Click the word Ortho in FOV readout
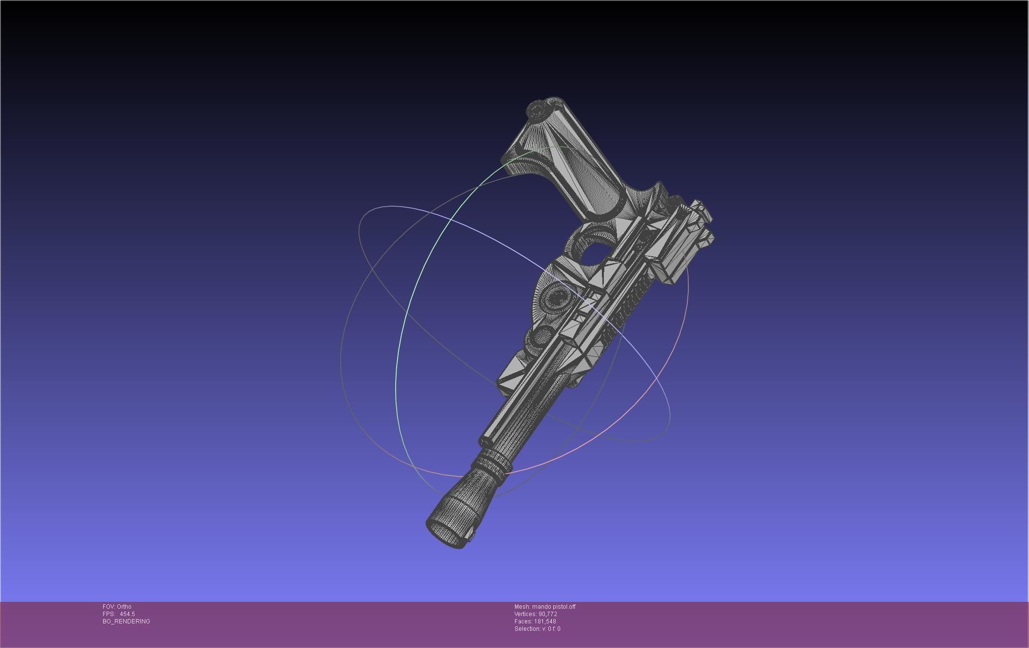tap(124, 607)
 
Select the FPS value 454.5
tap(127, 614)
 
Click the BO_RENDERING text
tap(126, 621)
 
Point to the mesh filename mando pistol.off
tap(553, 607)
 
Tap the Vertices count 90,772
tap(547, 614)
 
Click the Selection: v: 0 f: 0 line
tap(537, 629)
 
